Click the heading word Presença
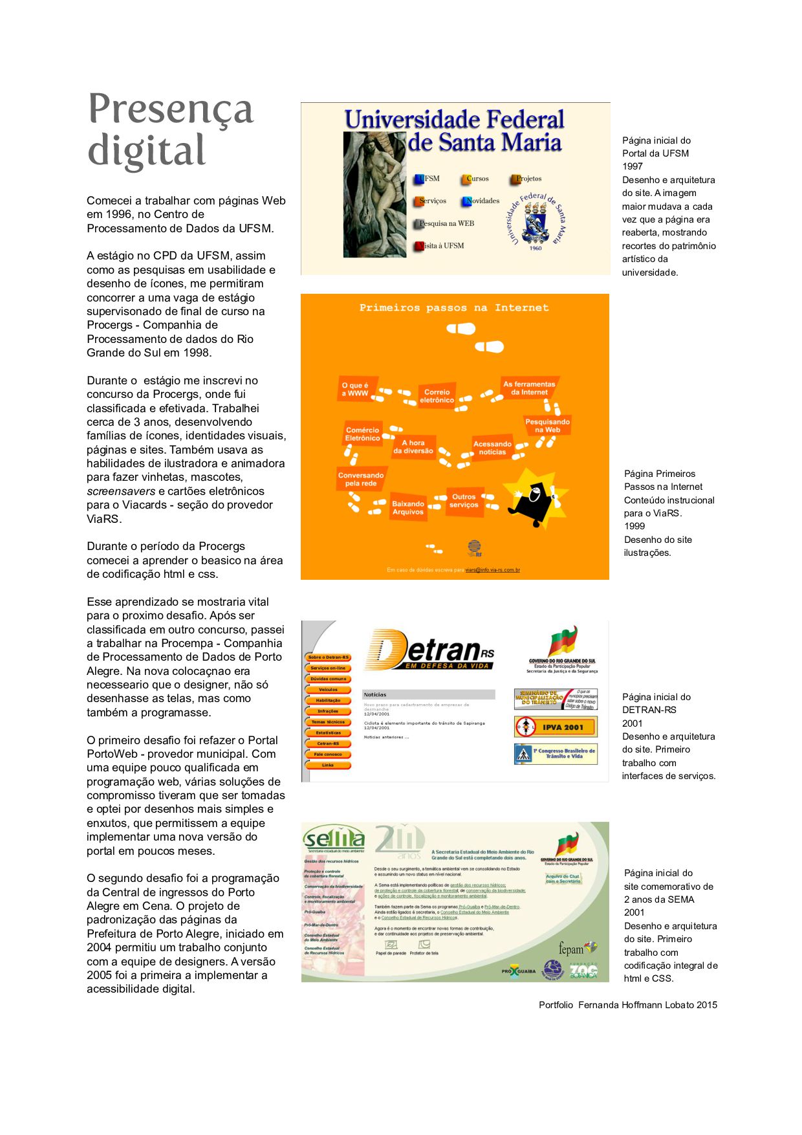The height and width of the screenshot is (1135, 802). tap(170, 110)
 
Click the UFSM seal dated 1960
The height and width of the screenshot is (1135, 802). tap(536, 222)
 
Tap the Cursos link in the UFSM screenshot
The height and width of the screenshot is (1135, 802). tap(476, 179)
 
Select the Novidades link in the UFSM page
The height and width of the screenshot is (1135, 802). tap(481, 201)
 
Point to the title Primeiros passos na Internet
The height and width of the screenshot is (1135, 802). tap(454, 308)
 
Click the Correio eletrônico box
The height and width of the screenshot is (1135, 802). tap(437, 396)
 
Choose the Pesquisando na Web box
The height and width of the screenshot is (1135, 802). tap(547, 426)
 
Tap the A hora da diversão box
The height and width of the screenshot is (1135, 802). tap(413, 447)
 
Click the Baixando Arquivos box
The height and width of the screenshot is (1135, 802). tap(408, 508)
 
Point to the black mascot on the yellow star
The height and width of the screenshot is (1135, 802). tap(534, 499)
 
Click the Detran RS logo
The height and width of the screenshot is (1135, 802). tap(429, 650)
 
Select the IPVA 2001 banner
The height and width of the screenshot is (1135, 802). tap(556, 727)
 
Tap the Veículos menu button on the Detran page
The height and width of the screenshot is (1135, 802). tap(328, 690)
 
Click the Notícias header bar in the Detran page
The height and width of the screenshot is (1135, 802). tap(428, 694)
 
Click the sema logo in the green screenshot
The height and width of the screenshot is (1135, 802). tap(334, 839)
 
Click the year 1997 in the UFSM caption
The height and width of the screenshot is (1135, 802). tap(633, 166)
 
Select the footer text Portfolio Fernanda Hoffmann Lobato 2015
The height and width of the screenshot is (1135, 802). tap(627, 1005)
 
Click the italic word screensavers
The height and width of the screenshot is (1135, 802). tap(120, 491)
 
